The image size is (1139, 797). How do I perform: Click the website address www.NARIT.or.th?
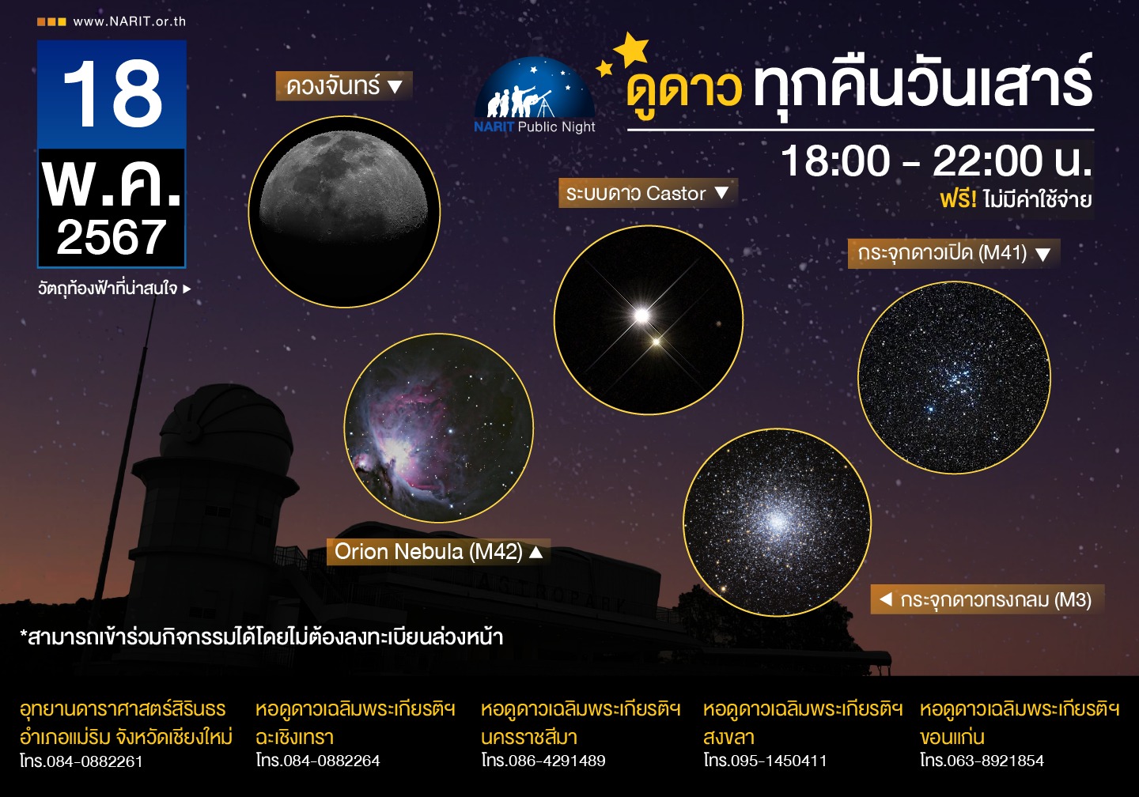(129, 21)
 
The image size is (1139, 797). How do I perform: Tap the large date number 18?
(112, 93)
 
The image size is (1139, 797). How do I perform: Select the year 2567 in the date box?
(112, 237)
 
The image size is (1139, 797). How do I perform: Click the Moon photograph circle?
(344, 211)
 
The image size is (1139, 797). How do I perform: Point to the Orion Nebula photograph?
(439, 428)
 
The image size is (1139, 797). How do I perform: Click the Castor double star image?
(649, 319)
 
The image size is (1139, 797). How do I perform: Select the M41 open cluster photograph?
(954, 377)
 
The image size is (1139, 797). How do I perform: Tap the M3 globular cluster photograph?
(777, 522)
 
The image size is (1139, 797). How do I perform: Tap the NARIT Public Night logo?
(535, 96)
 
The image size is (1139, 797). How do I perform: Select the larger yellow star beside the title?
(631, 49)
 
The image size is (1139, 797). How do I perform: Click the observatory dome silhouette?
(226, 422)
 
